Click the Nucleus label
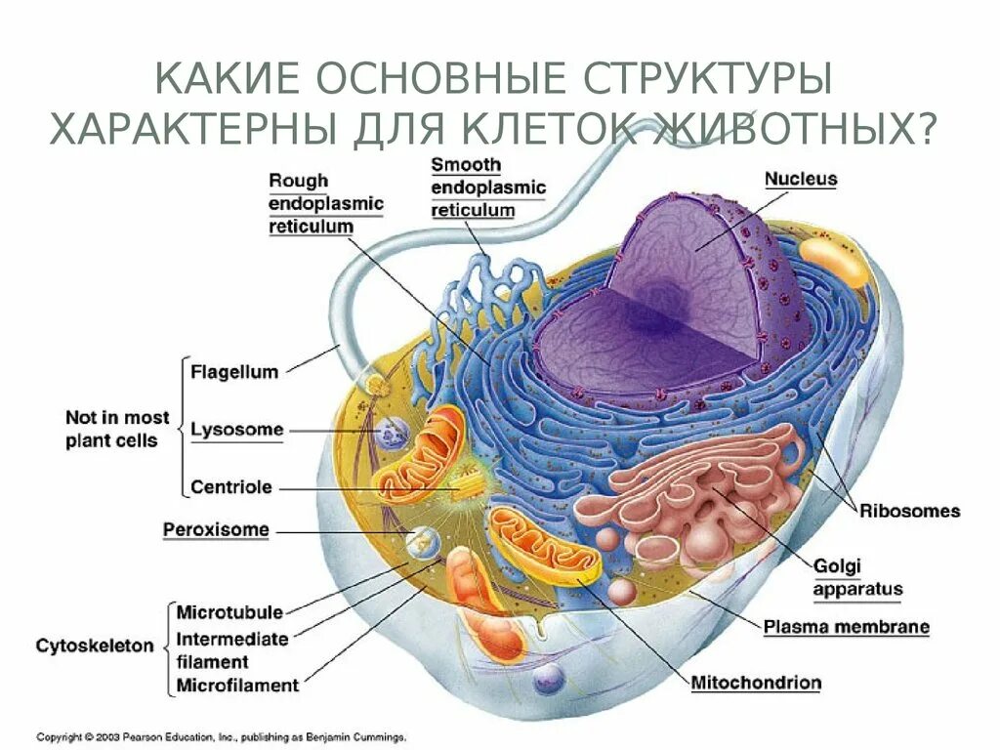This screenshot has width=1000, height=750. [x=801, y=180]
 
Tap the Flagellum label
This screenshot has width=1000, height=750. [x=234, y=372]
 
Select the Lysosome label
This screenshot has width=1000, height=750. [x=237, y=430]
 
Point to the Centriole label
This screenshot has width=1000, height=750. [x=231, y=486]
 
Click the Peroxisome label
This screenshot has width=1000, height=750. [x=216, y=530]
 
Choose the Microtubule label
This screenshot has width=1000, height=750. [x=229, y=612]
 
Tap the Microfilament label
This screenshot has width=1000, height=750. [x=237, y=685]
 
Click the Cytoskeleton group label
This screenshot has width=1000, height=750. [x=95, y=646]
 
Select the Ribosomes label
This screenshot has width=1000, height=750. [x=910, y=511]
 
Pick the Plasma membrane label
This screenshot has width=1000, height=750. [x=847, y=627]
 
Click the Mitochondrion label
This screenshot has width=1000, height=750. [x=756, y=682]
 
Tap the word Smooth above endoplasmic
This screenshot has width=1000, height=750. [x=466, y=165]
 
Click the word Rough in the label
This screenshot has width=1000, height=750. [x=299, y=181]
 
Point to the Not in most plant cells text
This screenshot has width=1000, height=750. [x=117, y=429]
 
